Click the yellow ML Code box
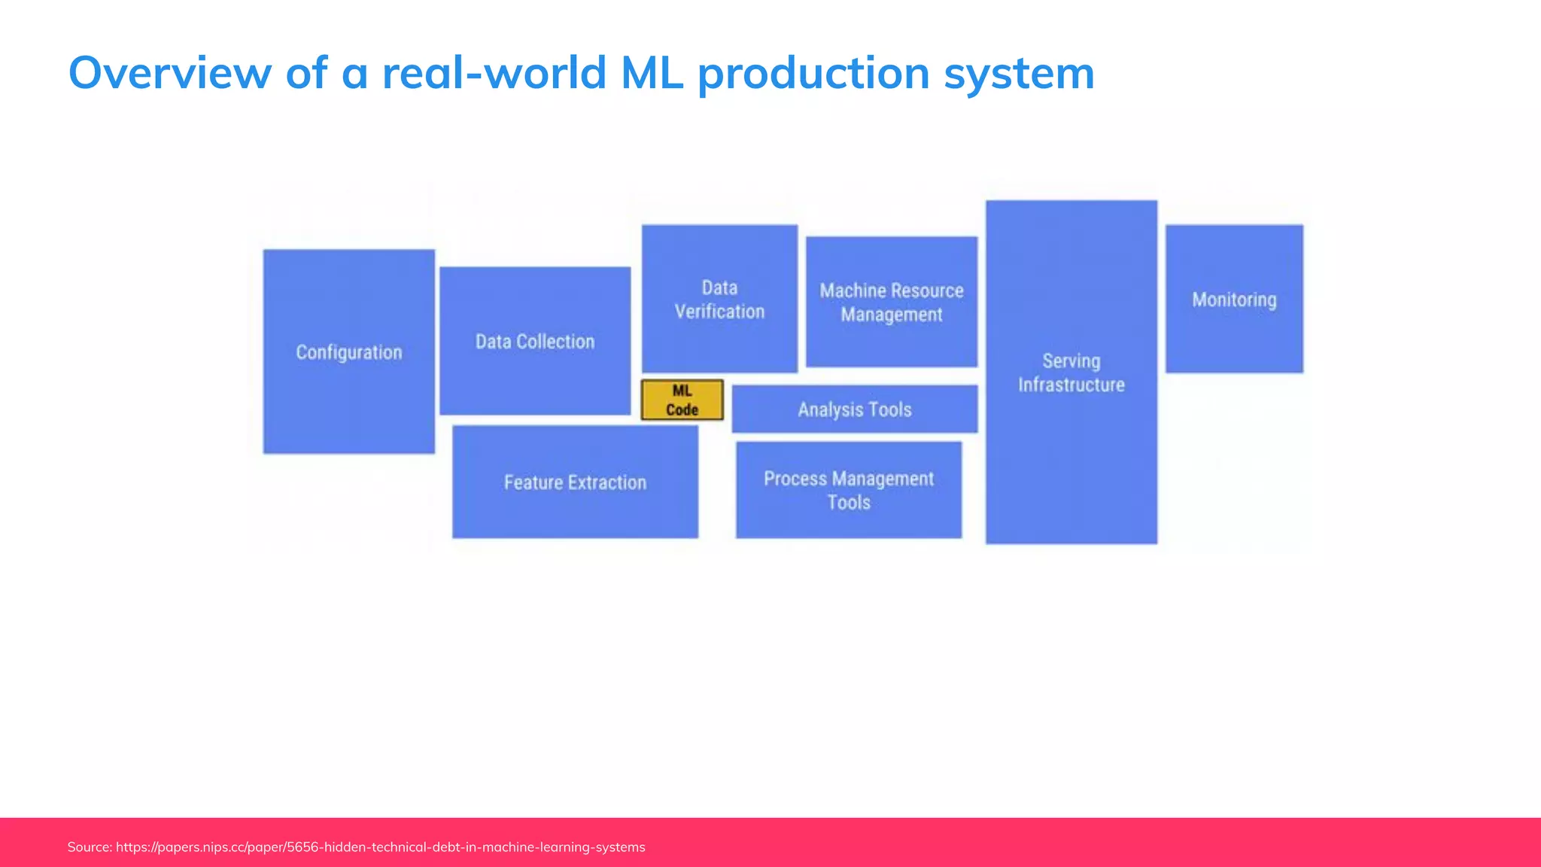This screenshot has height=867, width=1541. point(682,400)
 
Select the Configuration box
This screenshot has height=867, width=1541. point(348,351)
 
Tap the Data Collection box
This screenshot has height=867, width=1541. point(535,341)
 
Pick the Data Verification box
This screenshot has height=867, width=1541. point(719,299)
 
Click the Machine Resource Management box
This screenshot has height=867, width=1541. point(892,302)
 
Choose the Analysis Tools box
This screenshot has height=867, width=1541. point(855,409)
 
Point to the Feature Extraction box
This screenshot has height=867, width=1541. point(575,482)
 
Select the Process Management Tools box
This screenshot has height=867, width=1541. point(849,490)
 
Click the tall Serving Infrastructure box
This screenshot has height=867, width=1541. point(1071,372)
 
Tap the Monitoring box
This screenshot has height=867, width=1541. point(1234,299)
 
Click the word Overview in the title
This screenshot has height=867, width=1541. point(169,73)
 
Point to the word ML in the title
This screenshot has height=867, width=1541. point(652,73)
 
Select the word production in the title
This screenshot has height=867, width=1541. point(813,73)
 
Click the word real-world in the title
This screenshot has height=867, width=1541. point(494,73)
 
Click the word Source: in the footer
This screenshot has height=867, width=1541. point(90,847)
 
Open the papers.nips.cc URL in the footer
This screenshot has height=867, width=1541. point(380,847)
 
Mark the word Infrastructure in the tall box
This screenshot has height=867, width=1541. point(1071,385)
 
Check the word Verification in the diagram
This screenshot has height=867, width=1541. point(719,312)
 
